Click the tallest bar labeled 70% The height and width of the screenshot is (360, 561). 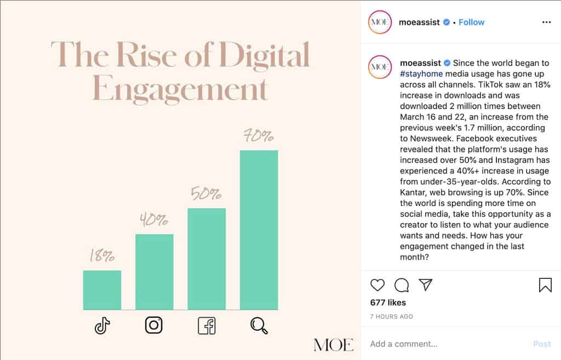pos(259,230)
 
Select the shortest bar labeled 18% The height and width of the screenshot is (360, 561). pos(102,290)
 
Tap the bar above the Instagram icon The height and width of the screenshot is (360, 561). pos(154,272)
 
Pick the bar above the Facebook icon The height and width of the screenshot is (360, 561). pos(207,259)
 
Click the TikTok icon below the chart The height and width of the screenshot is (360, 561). pos(102,326)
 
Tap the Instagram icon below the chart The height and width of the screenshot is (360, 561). pos(154,325)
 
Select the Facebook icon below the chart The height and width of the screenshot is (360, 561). pos(207,326)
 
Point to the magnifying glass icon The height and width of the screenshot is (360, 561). pos(259,326)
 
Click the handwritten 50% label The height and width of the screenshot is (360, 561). pos(206,194)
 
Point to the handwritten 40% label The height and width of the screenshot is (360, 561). pos(153,220)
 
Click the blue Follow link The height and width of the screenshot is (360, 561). pos(471,22)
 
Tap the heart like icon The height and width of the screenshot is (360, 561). pos(377,285)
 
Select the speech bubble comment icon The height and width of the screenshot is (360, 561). pos(402,285)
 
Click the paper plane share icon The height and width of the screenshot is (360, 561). pos(426,284)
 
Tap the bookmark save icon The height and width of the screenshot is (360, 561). pos(545,285)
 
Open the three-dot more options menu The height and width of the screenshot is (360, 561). pos(546,22)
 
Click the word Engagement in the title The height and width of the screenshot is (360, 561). pos(180,89)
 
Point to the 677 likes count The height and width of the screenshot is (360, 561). pos(388,302)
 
